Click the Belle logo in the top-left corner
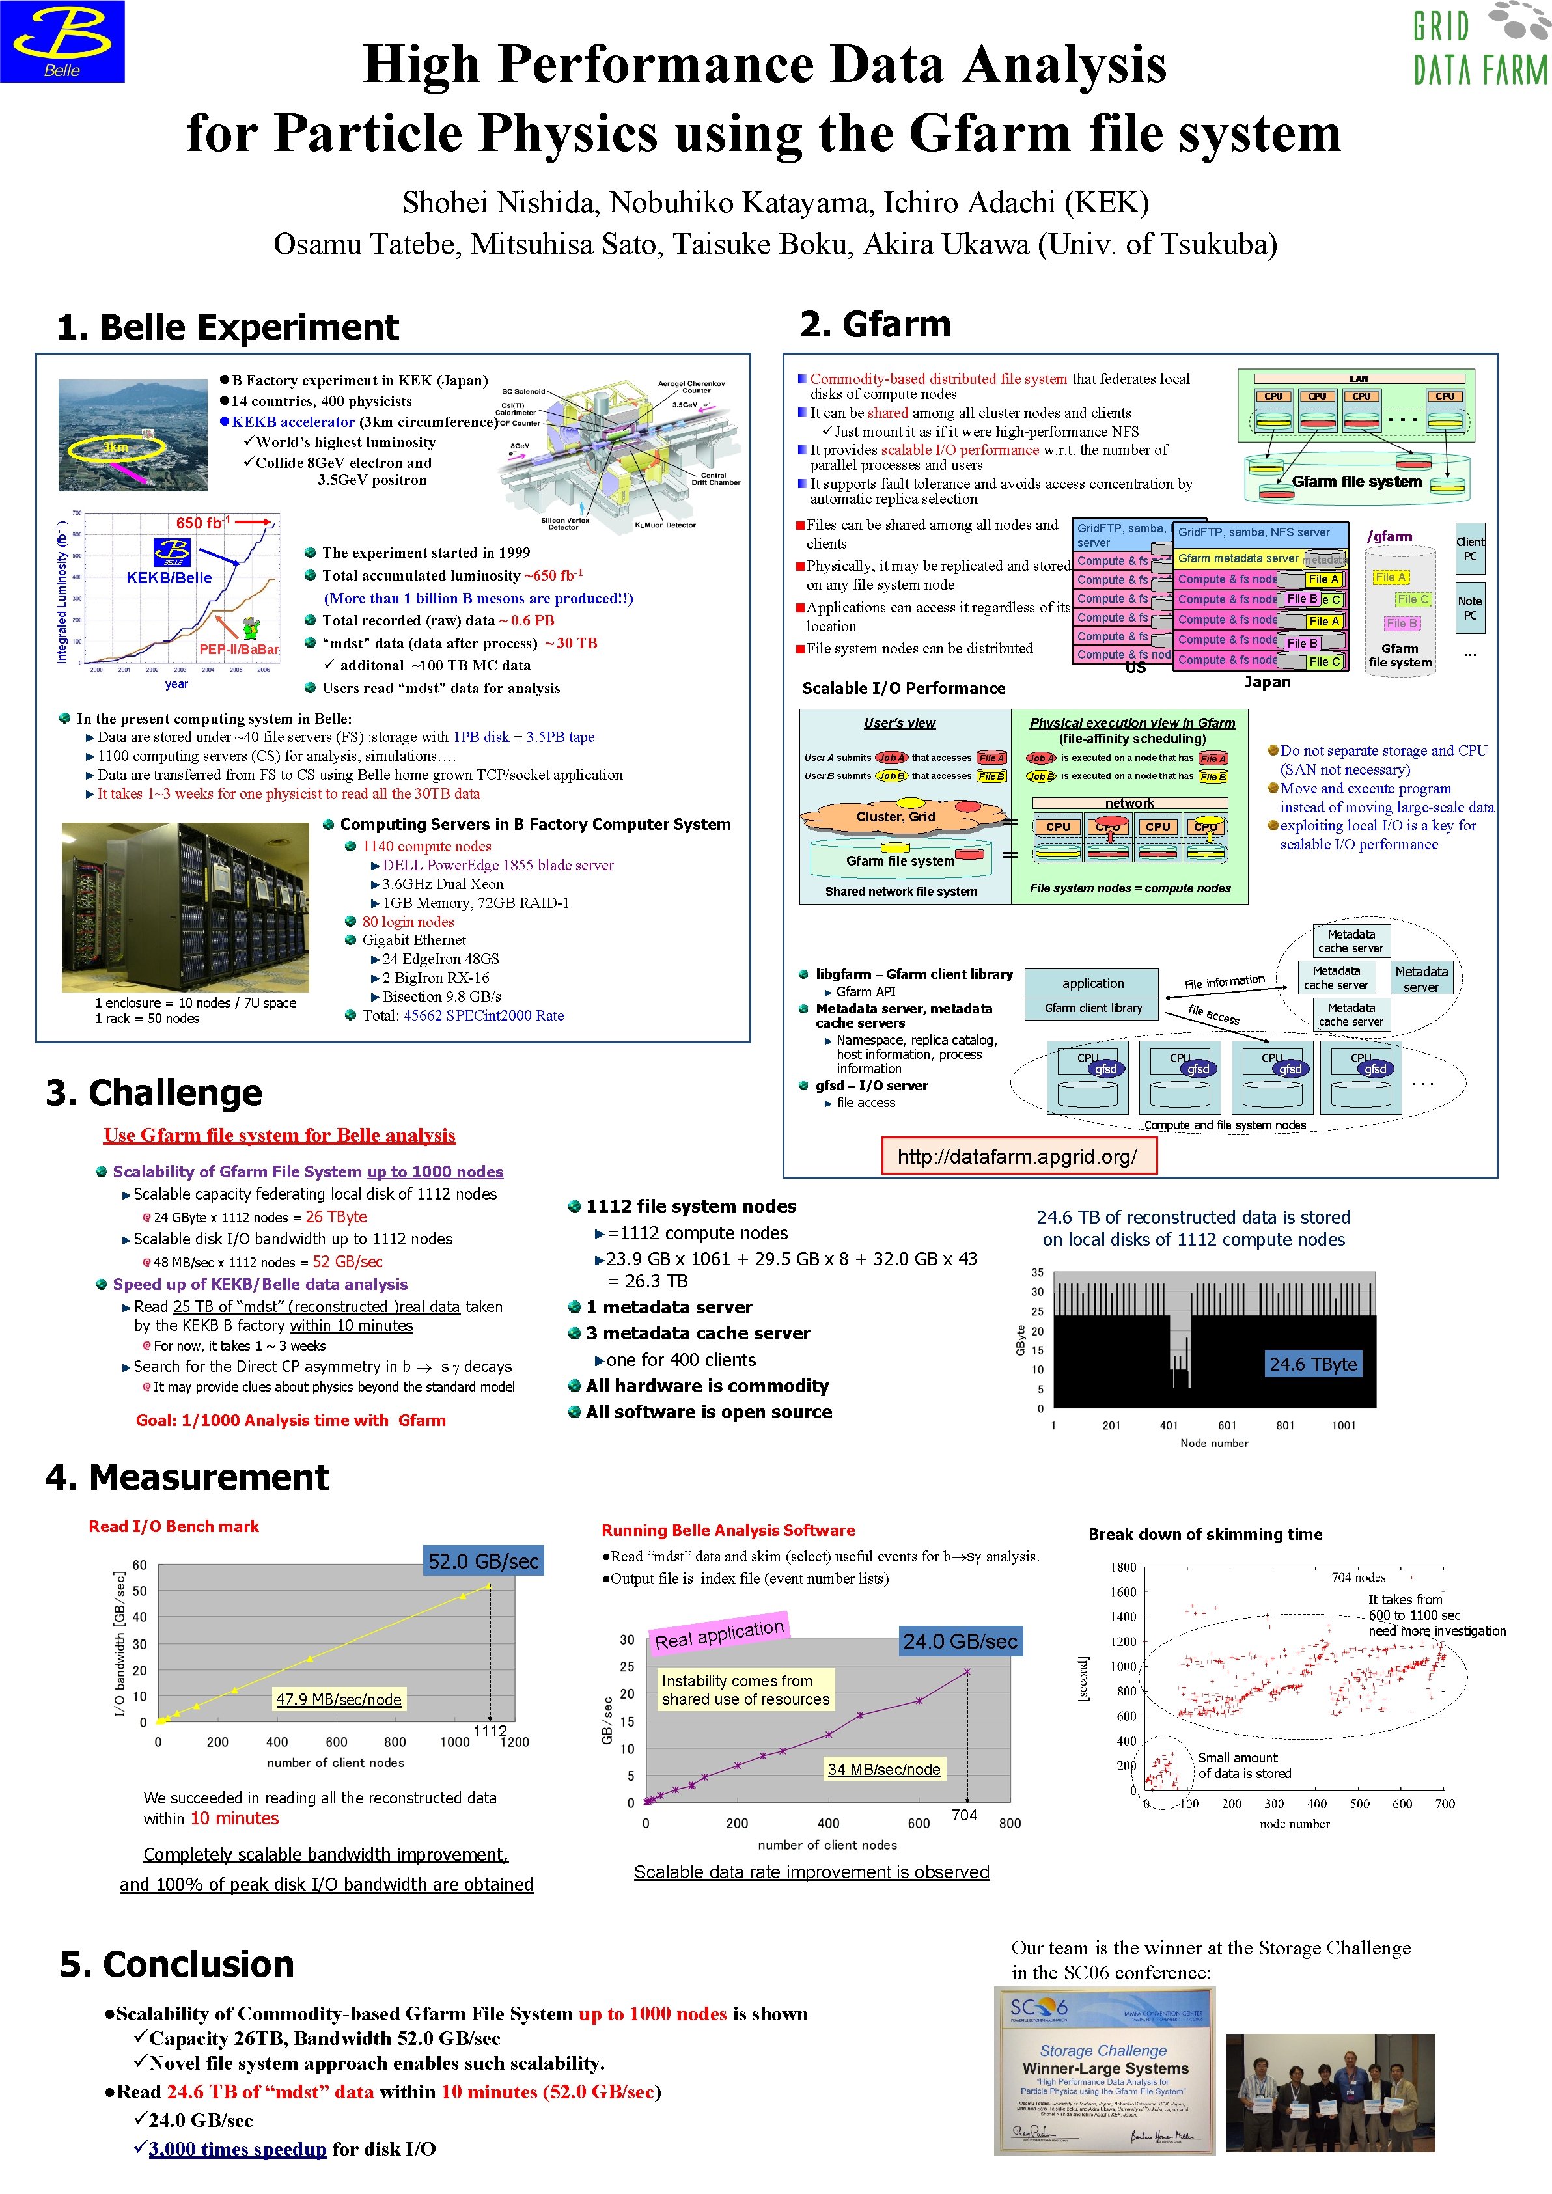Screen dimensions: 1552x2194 coord(62,41)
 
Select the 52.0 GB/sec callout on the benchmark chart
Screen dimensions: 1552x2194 coord(484,1561)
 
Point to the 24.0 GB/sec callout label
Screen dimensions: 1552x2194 coord(960,1641)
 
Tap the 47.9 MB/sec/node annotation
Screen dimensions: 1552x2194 coord(339,1698)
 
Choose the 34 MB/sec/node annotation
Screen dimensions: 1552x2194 coord(884,1769)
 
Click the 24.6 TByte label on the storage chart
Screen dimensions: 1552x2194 coord(1313,1364)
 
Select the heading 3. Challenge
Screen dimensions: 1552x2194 coord(154,1092)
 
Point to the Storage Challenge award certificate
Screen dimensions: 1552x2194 coord(1105,2071)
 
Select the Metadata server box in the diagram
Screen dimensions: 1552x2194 coord(1421,978)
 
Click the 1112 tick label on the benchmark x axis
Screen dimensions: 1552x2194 coord(490,1731)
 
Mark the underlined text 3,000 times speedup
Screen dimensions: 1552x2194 coord(238,2148)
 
